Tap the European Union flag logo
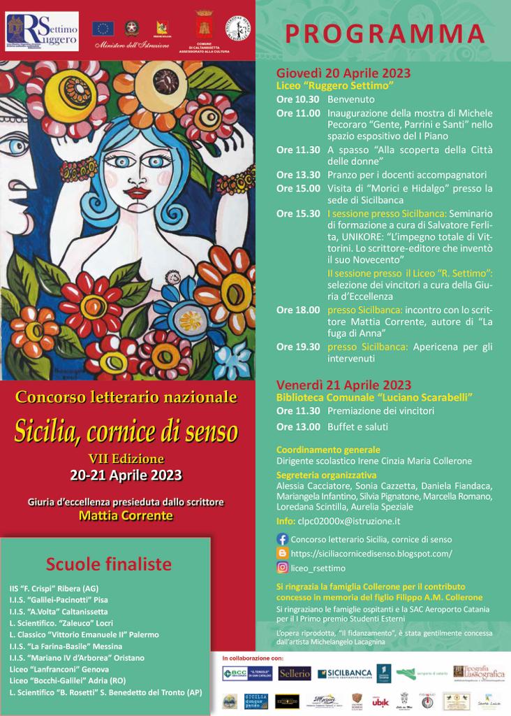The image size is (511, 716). pyautogui.click(x=103, y=28)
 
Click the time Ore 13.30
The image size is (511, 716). pyautogui.click(x=298, y=175)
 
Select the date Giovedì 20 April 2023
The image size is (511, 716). pyautogui.click(x=343, y=73)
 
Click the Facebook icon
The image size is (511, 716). pyautogui.click(x=283, y=539)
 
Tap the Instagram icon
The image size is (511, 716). pyautogui.click(x=283, y=567)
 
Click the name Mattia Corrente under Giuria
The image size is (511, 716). pyautogui.click(x=126, y=516)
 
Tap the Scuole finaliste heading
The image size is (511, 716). pyautogui.click(x=108, y=564)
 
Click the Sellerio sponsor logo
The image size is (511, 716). pyautogui.click(x=295, y=673)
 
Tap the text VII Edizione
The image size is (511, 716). pyautogui.click(x=126, y=459)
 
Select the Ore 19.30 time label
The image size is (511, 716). pyautogui.click(x=298, y=346)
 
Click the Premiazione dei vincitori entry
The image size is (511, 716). pyautogui.click(x=380, y=411)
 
